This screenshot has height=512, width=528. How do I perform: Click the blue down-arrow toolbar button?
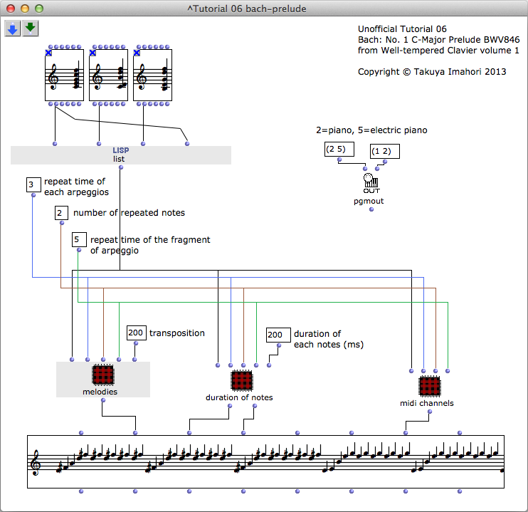(x=13, y=28)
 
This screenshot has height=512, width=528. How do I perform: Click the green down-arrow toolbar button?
(x=30, y=28)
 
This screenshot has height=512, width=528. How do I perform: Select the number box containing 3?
(x=31, y=185)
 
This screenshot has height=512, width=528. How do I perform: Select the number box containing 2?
(x=61, y=213)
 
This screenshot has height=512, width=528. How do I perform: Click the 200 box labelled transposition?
(x=136, y=333)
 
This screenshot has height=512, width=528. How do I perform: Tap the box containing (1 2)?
(x=385, y=151)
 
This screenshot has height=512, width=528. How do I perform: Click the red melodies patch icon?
(x=103, y=375)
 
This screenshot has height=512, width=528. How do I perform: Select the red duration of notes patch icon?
(x=242, y=380)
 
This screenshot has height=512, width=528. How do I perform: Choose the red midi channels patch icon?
(x=429, y=387)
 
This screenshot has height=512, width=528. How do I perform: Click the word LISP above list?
(x=120, y=150)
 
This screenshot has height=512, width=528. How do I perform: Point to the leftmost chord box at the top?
(x=64, y=75)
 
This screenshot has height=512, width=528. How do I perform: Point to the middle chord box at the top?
(x=108, y=75)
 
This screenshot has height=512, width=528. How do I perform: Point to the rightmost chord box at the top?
(x=152, y=75)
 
